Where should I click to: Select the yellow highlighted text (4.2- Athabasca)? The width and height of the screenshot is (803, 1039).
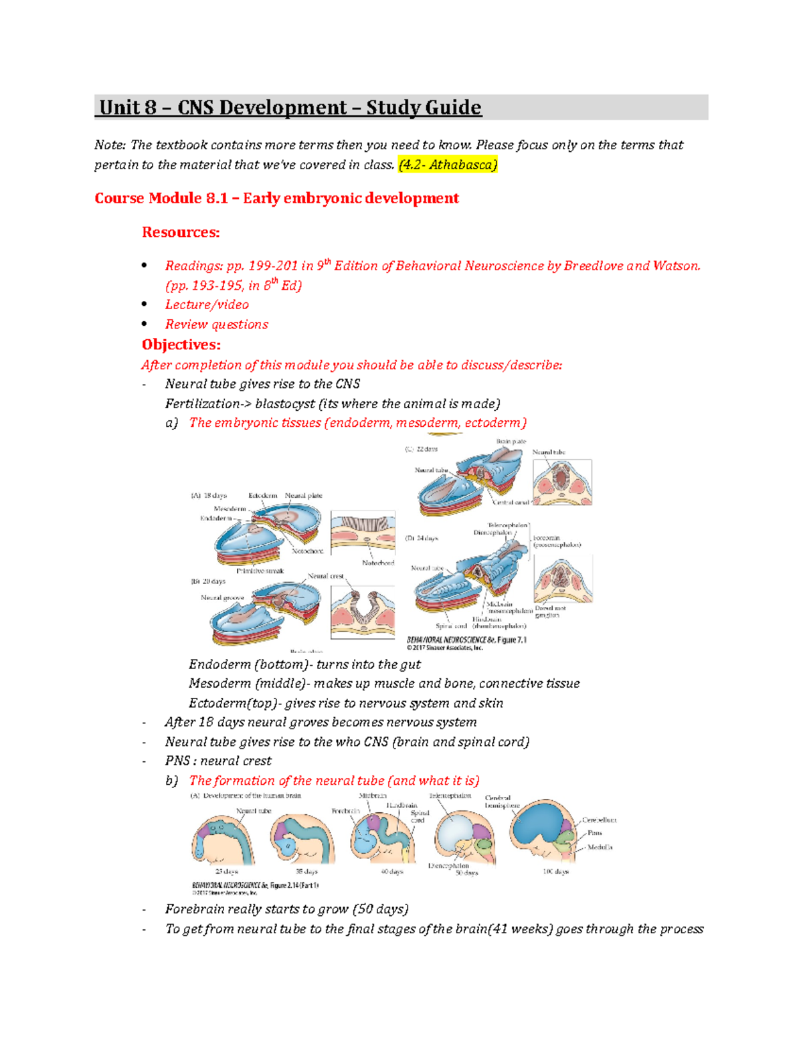[x=448, y=165]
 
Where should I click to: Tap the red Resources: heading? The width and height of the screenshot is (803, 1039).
[x=181, y=232]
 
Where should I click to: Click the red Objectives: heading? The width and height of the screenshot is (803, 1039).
[x=181, y=345]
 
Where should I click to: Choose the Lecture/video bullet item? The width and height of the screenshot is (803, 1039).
[x=207, y=304]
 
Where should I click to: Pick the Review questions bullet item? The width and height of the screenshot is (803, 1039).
[x=216, y=324]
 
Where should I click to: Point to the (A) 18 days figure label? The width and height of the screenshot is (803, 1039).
[x=209, y=496]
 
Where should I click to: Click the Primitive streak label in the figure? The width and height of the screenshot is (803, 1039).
[x=260, y=571]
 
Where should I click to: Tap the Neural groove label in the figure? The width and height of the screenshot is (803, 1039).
[x=222, y=597]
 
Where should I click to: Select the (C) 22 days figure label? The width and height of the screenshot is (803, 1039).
[x=421, y=449]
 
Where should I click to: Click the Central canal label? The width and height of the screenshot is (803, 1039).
[x=511, y=502]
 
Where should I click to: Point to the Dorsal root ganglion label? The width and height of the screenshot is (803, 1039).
[x=549, y=611]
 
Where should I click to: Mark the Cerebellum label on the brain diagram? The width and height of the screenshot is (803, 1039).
[x=599, y=820]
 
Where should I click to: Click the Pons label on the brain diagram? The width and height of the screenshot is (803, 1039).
[x=594, y=833]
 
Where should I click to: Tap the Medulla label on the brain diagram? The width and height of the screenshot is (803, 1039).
[x=600, y=847]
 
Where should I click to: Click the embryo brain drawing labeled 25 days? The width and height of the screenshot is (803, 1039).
[x=223, y=841]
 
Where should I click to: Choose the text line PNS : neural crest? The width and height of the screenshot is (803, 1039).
[x=218, y=761]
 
